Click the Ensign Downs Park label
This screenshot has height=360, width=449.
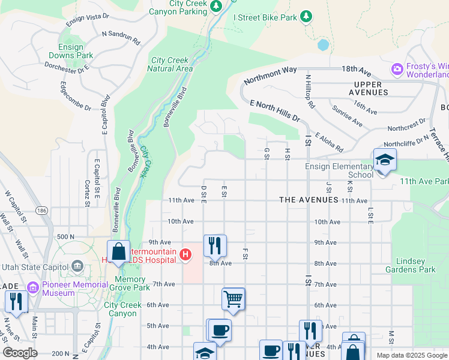click(76, 51)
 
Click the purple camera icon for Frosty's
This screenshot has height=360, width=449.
click(397, 70)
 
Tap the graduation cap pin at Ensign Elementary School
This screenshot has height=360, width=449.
click(384, 160)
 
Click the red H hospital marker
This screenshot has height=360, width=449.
click(185, 255)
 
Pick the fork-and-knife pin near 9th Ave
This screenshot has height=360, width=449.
click(214, 245)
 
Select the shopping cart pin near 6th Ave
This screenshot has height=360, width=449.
click(233, 298)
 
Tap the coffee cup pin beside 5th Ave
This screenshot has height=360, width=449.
click(219, 329)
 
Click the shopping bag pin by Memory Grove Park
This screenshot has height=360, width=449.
click(119, 251)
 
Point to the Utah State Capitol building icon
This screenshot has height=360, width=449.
click(77, 266)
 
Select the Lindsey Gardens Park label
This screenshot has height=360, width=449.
click(415, 265)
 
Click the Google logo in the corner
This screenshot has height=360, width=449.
click(20, 353)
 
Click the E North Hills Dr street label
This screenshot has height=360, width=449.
click(275, 111)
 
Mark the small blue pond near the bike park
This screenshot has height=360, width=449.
click(323, 45)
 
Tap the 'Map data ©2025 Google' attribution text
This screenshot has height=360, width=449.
click(411, 355)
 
